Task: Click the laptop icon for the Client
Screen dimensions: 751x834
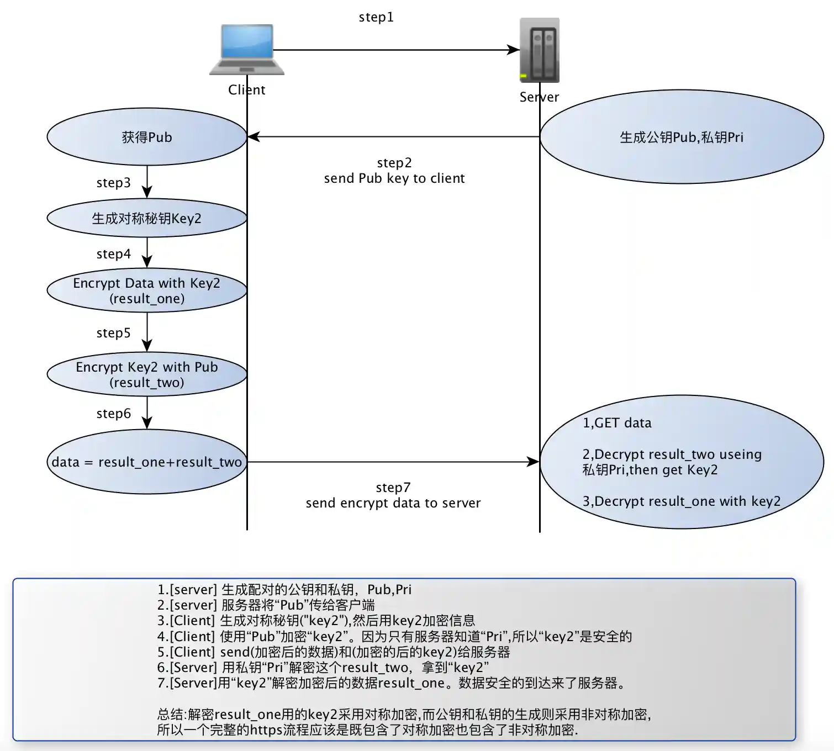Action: coord(247,49)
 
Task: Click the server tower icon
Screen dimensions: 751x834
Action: coord(539,50)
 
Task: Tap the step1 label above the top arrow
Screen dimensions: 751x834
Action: coord(376,17)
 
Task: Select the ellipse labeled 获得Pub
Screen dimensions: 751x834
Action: coord(146,137)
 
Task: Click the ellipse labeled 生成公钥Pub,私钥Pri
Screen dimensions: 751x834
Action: coord(682,137)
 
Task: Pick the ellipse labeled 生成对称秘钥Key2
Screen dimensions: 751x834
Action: coord(146,218)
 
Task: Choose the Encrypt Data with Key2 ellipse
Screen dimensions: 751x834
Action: coord(146,290)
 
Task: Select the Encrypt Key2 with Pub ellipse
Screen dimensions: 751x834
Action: coord(146,374)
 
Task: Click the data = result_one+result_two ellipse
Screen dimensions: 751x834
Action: coord(146,462)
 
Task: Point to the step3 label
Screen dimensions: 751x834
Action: coord(113,183)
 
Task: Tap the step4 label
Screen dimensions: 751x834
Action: coord(113,254)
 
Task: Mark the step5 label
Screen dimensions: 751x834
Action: coord(113,333)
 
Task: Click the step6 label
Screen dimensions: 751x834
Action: coord(113,414)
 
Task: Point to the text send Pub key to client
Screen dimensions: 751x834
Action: coord(394,178)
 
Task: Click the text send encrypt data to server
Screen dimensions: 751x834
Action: coord(393,503)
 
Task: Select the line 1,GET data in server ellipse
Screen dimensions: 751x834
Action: coord(617,423)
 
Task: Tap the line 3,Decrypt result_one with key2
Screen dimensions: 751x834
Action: coord(682,501)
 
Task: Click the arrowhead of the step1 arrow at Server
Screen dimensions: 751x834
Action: coord(514,50)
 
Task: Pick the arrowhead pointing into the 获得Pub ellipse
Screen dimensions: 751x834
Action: coord(254,136)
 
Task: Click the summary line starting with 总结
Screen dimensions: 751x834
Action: coord(404,715)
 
